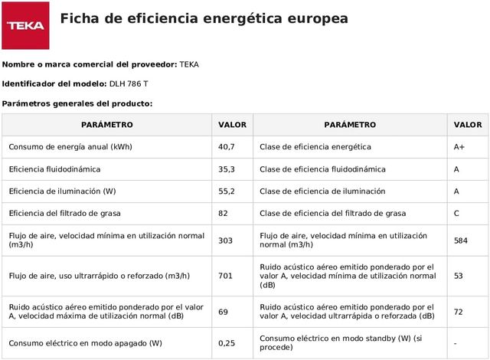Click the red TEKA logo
coord(25,25)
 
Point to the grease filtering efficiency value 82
coord(224,213)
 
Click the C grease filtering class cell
coord(457,213)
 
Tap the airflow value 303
coord(225,241)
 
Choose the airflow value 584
coord(460,241)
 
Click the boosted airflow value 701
coord(225,276)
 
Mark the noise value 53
coord(459,276)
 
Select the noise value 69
coord(224,312)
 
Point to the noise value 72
coord(459,312)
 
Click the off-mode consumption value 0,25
coord(227,343)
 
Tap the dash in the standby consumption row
coord(456,343)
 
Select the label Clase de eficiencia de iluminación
coord(322,191)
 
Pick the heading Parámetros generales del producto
coord(77,103)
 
